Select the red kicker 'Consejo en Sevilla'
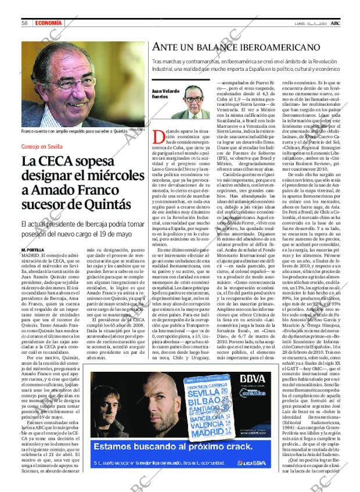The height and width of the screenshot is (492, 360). click(x=45, y=146)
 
